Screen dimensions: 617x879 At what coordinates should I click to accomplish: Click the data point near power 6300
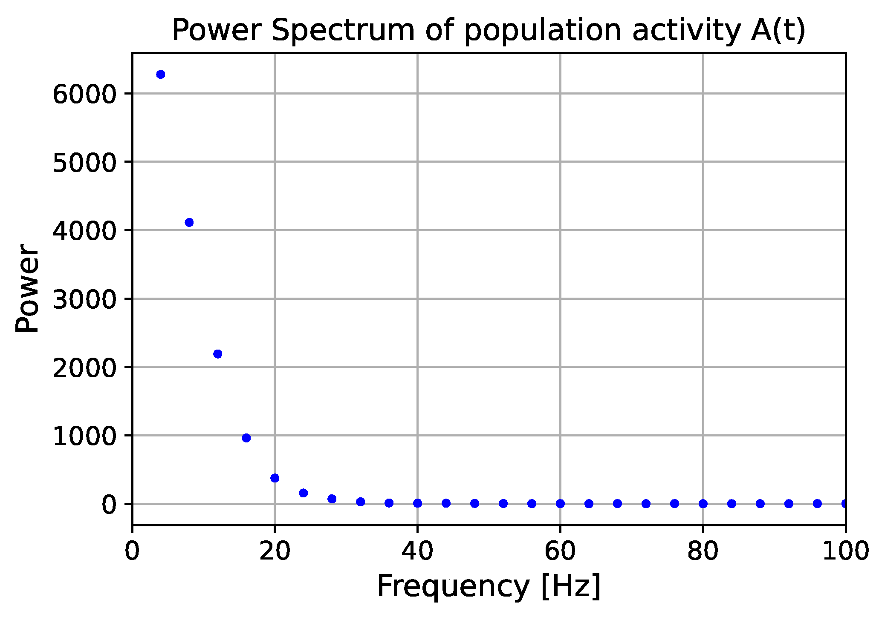point(161,75)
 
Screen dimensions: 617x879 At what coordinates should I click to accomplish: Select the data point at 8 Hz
point(189,222)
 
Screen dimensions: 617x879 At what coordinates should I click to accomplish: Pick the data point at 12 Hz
point(218,354)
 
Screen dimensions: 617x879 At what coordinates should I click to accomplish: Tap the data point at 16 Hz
point(246,438)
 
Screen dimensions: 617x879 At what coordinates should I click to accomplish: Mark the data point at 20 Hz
point(275,478)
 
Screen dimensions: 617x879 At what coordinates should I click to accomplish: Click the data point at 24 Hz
point(304,493)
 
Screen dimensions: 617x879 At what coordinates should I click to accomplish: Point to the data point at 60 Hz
point(561,504)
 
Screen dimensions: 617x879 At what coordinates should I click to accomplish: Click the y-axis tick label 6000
point(84,95)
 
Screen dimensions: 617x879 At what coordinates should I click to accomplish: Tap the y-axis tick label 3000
point(84,300)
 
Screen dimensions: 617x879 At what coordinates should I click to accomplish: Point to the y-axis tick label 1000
point(84,436)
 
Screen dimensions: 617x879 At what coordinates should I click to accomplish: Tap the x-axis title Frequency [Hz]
point(489,587)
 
